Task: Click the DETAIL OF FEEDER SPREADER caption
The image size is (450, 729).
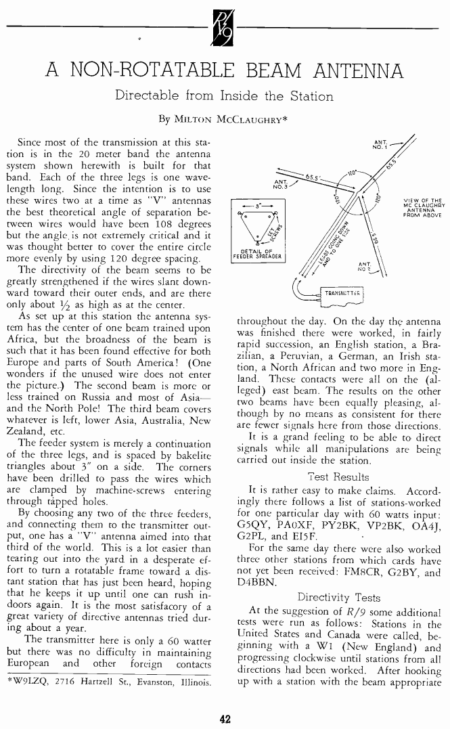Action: pos(251,255)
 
